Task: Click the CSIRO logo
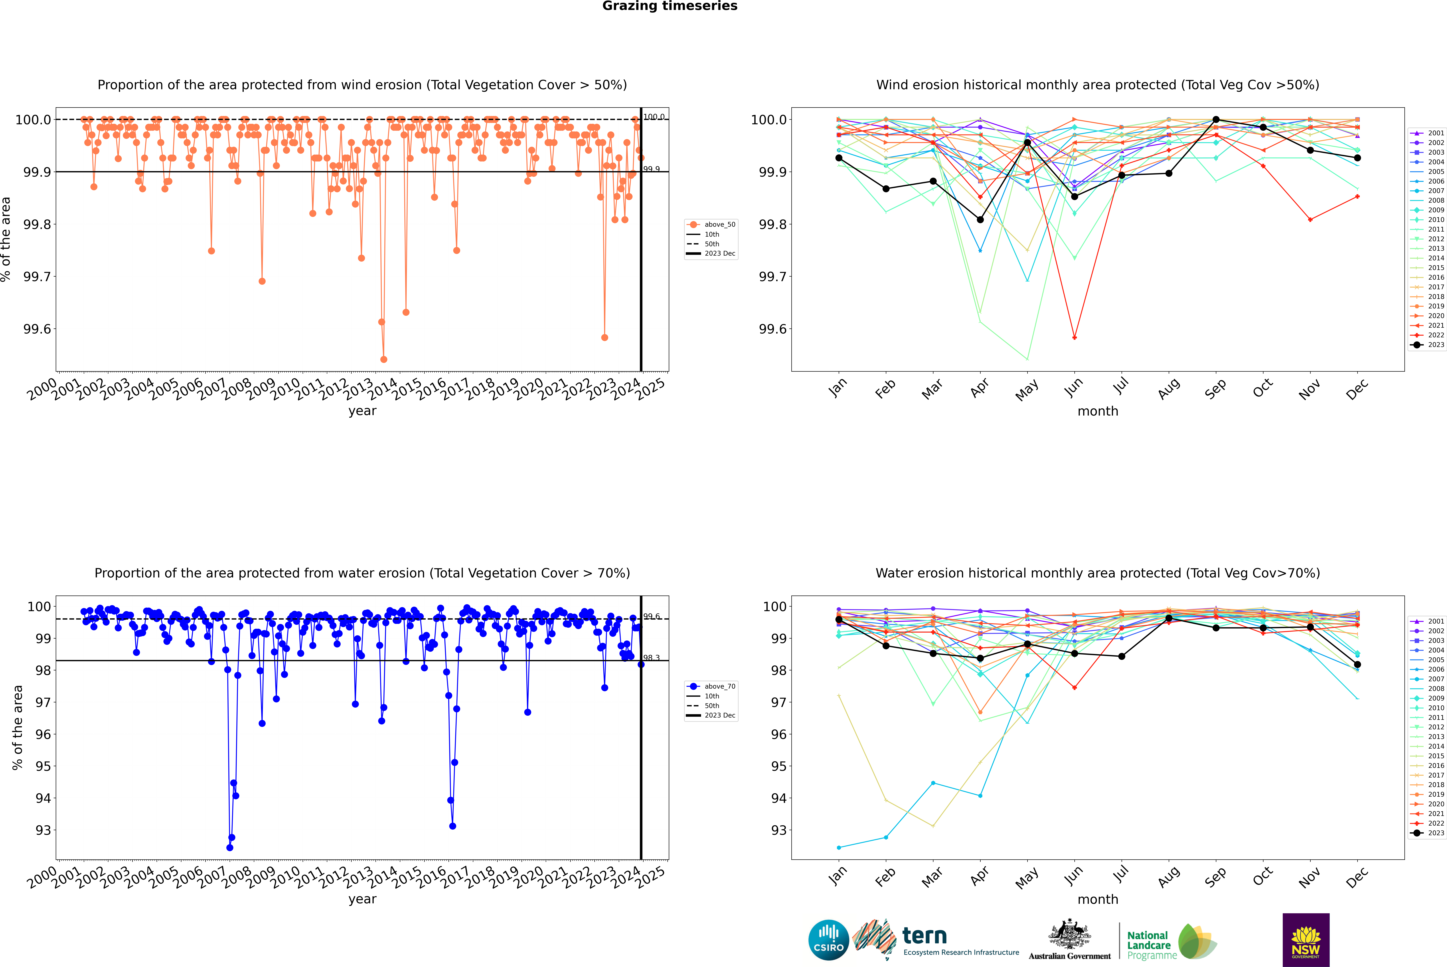tap(828, 940)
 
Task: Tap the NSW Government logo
tap(1306, 940)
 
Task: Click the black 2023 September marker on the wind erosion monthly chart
tap(1216, 120)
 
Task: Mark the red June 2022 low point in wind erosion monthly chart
tap(1074, 337)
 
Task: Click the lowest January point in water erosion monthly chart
tap(839, 847)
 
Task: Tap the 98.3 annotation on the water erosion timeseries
tap(651, 658)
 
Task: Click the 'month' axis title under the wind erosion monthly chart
tap(1097, 411)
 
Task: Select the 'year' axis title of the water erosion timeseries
tap(362, 899)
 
